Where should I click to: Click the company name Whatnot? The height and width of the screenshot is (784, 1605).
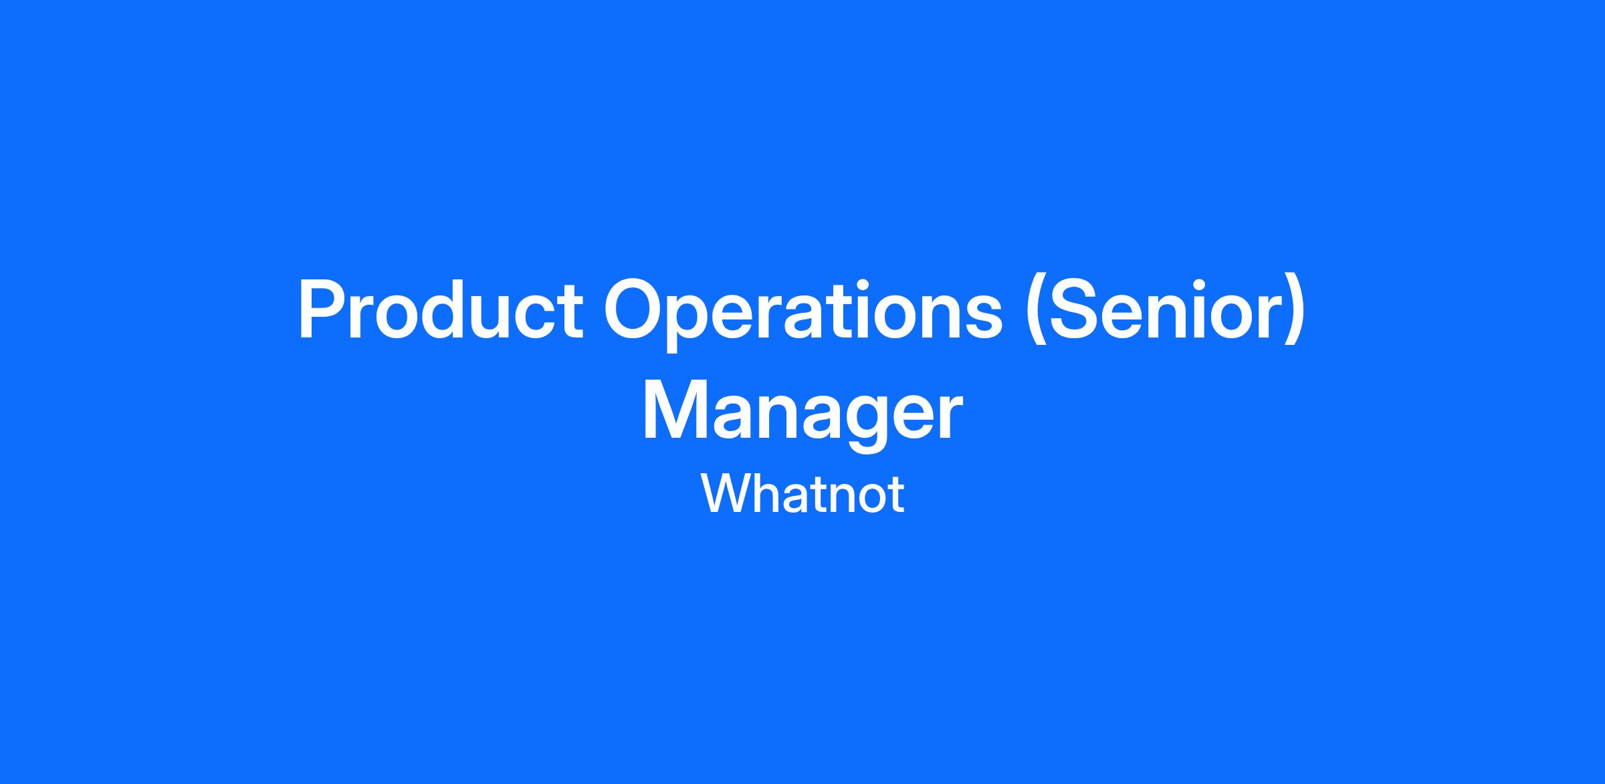pos(802,495)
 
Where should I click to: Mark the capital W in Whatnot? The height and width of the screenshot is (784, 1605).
pos(725,494)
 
